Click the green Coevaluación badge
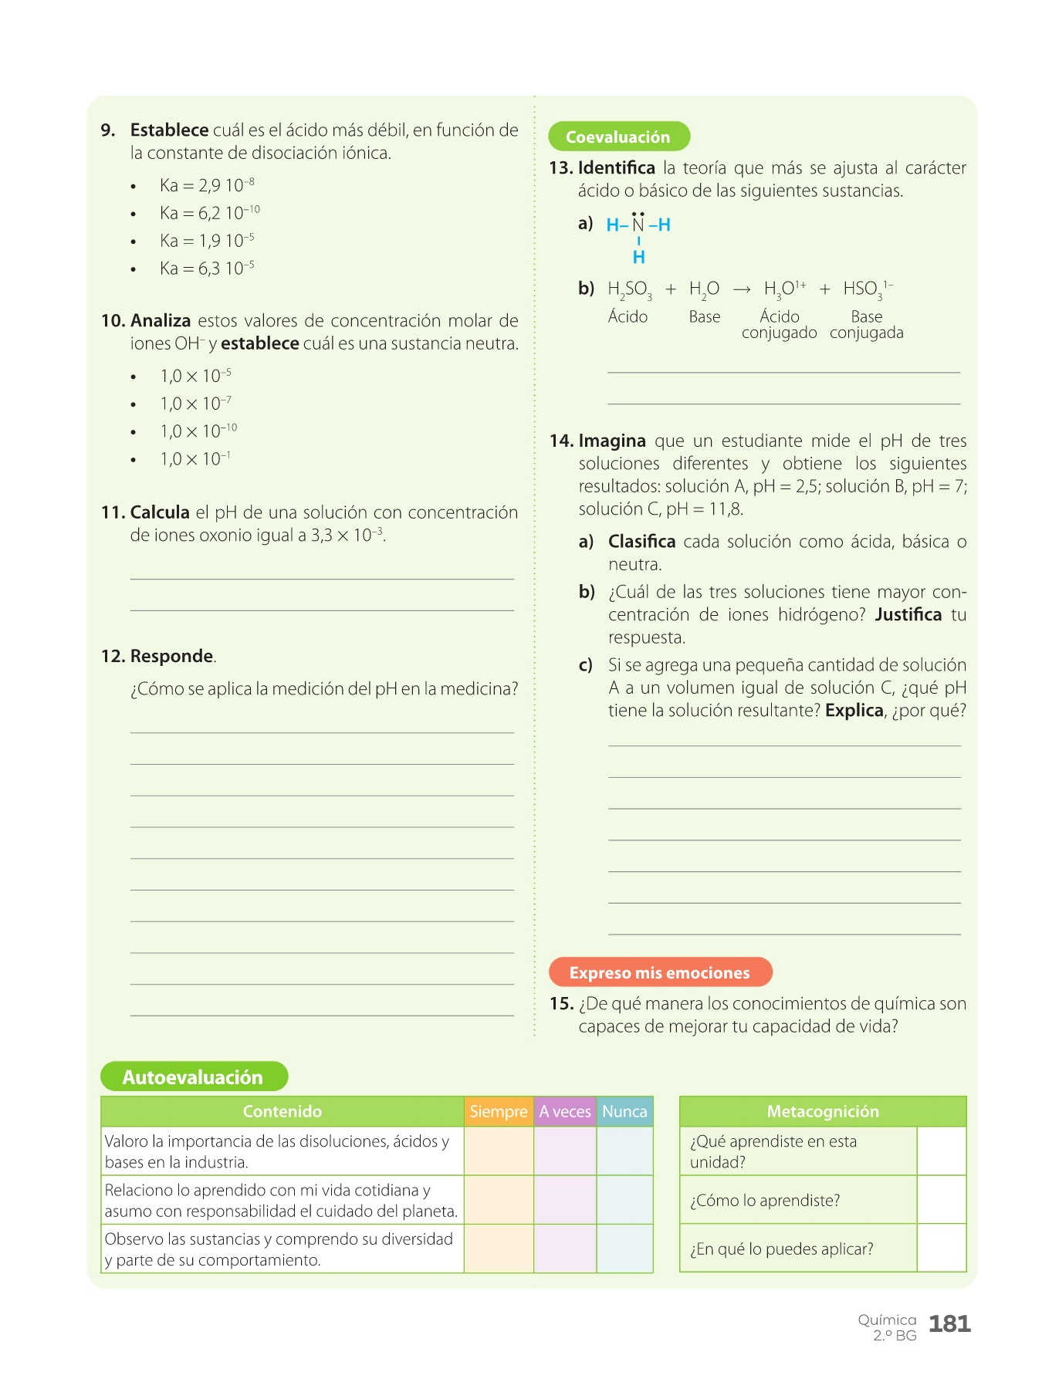pos(618,137)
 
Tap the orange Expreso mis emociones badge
pos(660,972)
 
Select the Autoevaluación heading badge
pos(193,1076)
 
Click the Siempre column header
pos(498,1111)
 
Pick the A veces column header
pos(564,1111)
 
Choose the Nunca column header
pos(624,1111)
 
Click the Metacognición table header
pos(823,1111)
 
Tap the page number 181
pos(949,1324)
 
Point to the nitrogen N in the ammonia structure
pos(638,225)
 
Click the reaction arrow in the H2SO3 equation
pos(742,289)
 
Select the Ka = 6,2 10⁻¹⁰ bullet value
pos(209,213)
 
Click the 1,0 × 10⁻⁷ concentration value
pos(195,404)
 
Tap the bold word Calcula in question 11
pos(160,512)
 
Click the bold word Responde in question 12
pos(171,656)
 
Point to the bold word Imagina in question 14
pos(612,441)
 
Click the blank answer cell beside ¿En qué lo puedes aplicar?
pos(942,1248)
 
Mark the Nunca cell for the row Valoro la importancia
pos(624,1151)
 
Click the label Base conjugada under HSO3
pos(867,325)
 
